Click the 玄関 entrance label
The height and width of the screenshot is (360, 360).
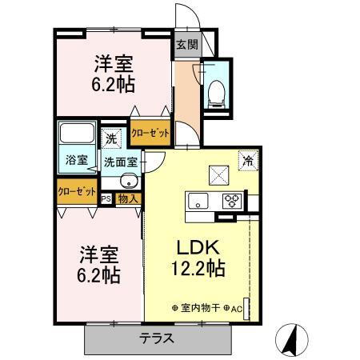click(x=186, y=45)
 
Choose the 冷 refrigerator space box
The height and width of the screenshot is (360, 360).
click(x=248, y=159)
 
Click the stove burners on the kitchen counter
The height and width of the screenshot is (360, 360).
click(x=232, y=200)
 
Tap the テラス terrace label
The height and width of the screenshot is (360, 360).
click(x=157, y=337)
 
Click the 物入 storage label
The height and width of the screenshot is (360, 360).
click(x=128, y=198)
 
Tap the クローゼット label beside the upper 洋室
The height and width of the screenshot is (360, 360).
click(x=150, y=133)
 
